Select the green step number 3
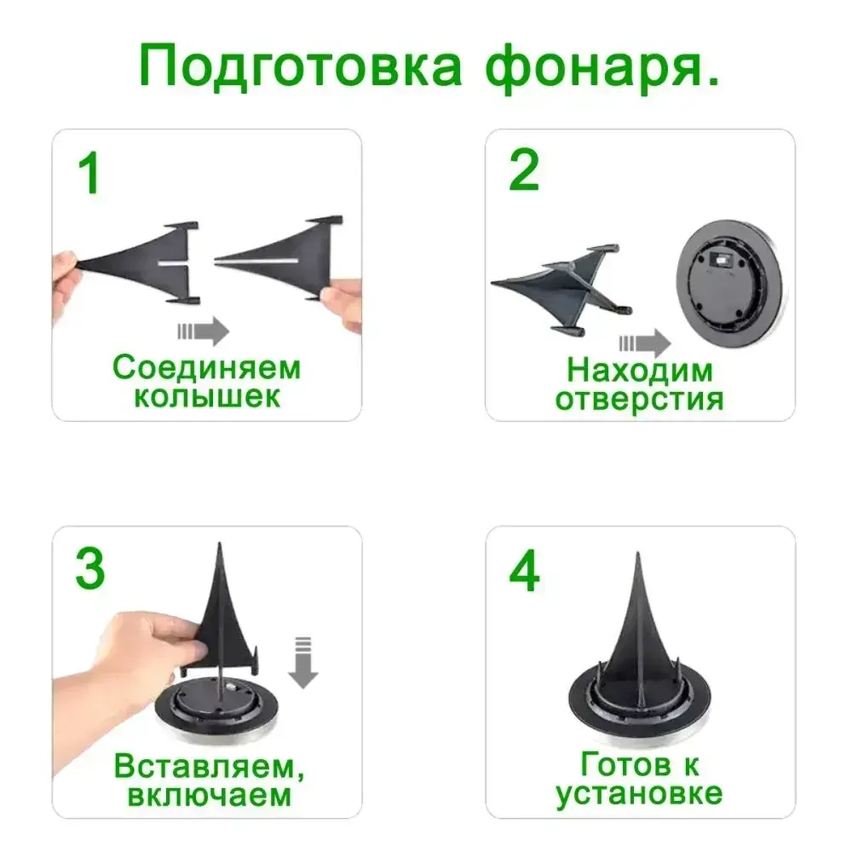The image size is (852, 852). click(x=90, y=569)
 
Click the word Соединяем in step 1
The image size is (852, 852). click(x=207, y=368)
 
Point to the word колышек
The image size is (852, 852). click(x=207, y=397)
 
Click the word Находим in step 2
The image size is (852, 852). click(x=640, y=371)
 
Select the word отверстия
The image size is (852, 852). click(x=640, y=399)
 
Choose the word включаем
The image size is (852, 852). click(x=209, y=795)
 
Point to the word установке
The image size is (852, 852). click(x=640, y=794)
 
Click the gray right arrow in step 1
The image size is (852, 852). click(x=204, y=331)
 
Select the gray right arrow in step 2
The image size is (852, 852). click(x=645, y=343)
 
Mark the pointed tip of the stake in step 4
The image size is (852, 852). click(x=638, y=559)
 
